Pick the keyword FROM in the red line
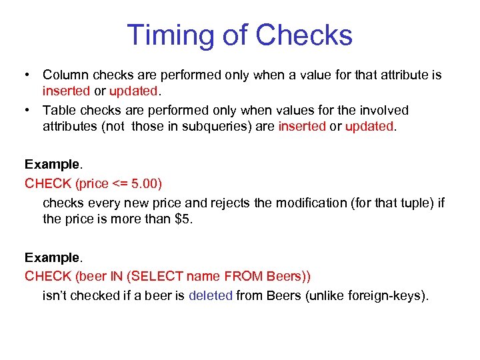pyautogui.click(x=244, y=276)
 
